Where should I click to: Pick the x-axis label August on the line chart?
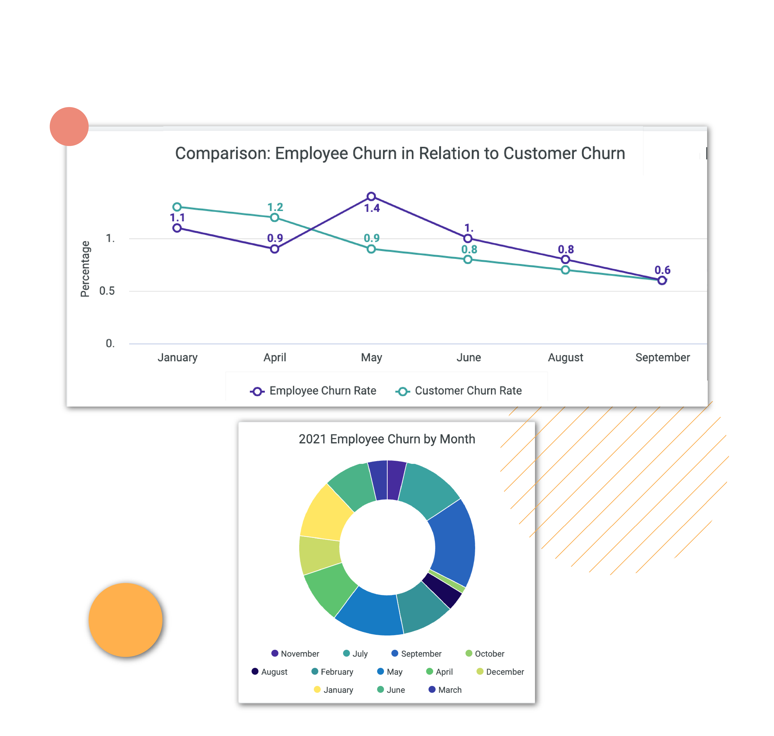tap(565, 357)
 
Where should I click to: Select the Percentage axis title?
tap(85, 269)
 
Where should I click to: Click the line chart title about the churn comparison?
tap(400, 153)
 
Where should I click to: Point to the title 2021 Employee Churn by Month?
tap(387, 439)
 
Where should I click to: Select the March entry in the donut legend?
tap(445, 690)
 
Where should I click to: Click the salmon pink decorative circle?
tap(69, 126)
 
